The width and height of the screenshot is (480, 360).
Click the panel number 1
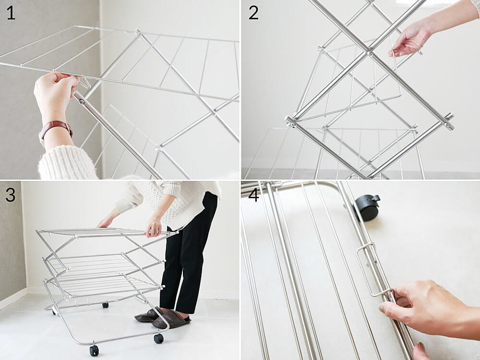pos(11,13)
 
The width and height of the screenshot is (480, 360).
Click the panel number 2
pos(253,13)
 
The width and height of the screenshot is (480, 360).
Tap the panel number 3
pos(11,195)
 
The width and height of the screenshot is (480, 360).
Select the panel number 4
pos(254,195)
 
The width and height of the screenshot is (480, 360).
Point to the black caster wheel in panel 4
pos(367,207)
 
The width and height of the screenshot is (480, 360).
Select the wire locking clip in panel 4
pos(374,269)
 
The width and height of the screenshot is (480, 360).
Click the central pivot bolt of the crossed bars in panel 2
pos(370,53)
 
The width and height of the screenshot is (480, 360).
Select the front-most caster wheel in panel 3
pos(94,350)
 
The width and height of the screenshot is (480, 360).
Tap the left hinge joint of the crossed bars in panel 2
pos(291,121)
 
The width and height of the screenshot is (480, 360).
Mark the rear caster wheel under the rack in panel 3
pos(105,305)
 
